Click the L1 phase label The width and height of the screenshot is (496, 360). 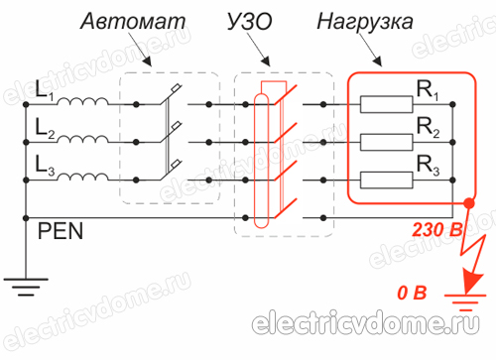[x=44, y=92]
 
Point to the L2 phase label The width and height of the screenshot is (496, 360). [x=44, y=129]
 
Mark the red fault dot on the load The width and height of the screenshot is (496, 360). [x=468, y=203]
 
